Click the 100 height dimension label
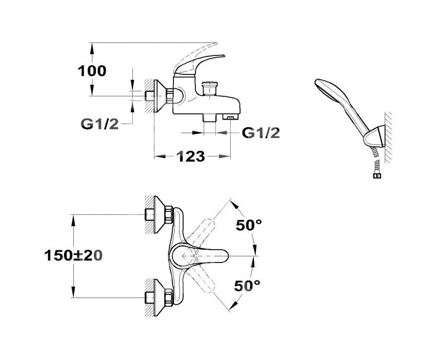pos(92,71)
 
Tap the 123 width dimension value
pos(190,156)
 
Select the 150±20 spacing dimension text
pos(73,255)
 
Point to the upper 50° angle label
pos(249,225)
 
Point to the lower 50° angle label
pos(247,286)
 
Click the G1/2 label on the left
pos(100,124)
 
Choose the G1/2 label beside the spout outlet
pos(261,133)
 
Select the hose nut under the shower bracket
pos(377,175)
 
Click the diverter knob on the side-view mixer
pos(210,88)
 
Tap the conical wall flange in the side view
pos(160,96)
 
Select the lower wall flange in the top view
pos(160,297)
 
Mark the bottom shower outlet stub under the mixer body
pos(210,117)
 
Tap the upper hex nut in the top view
pos(169,214)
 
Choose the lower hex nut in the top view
pos(169,297)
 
